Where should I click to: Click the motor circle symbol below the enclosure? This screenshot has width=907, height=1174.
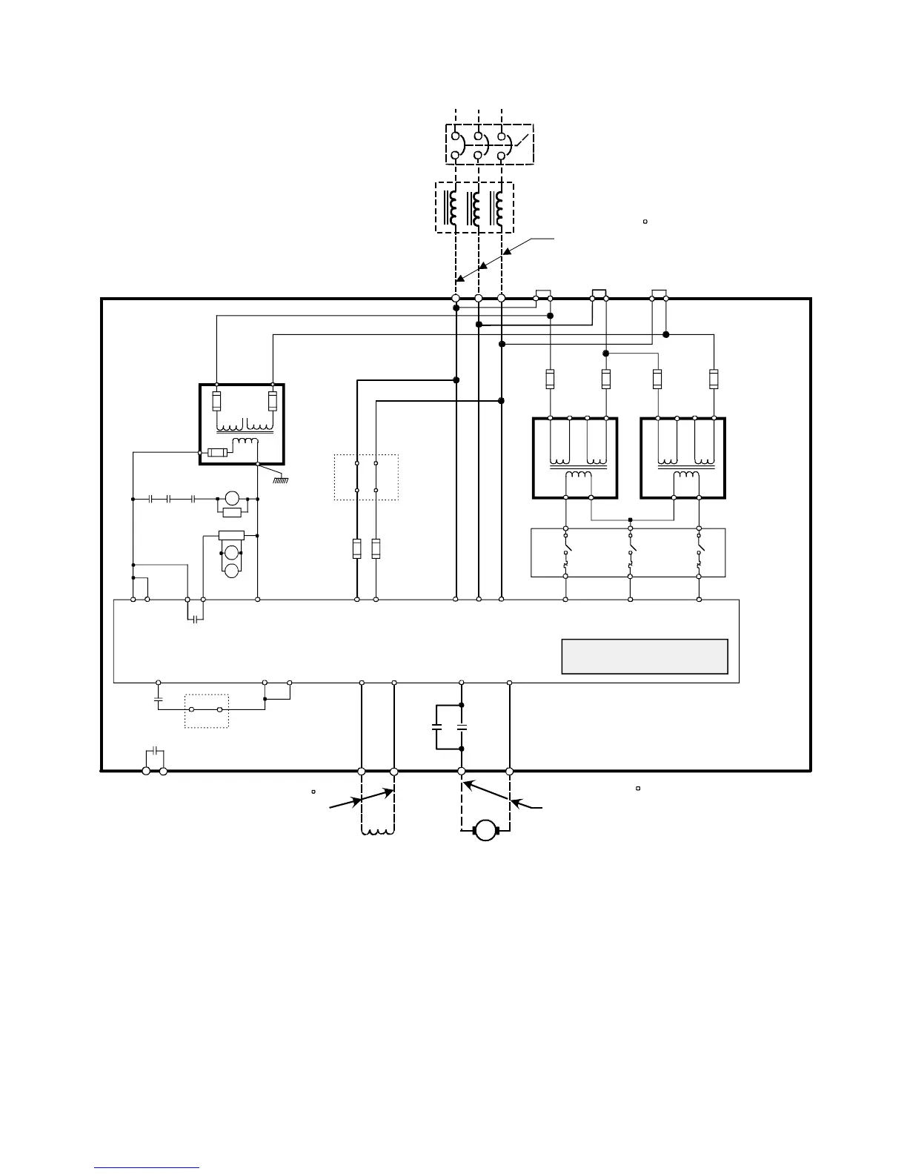click(485, 829)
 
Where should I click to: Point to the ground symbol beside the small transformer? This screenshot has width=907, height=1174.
click(279, 479)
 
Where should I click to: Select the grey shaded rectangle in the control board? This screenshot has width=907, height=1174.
click(645, 656)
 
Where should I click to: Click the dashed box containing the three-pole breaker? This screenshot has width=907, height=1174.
click(489, 143)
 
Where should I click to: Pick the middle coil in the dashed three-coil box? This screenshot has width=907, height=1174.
click(475, 208)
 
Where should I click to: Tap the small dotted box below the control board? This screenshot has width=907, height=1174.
click(207, 711)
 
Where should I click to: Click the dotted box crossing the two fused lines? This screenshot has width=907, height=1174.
click(366, 477)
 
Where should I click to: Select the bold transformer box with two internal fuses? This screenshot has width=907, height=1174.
click(242, 424)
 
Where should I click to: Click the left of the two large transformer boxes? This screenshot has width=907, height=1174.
click(575, 458)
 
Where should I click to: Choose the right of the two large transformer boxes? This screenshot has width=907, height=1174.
click(682, 458)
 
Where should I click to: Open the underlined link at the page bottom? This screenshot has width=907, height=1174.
click(147, 1168)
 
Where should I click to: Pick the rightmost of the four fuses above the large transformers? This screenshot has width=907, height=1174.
click(714, 379)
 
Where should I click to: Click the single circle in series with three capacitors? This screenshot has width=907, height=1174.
click(233, 499)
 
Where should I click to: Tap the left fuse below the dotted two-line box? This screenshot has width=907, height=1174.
click(356, 548)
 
